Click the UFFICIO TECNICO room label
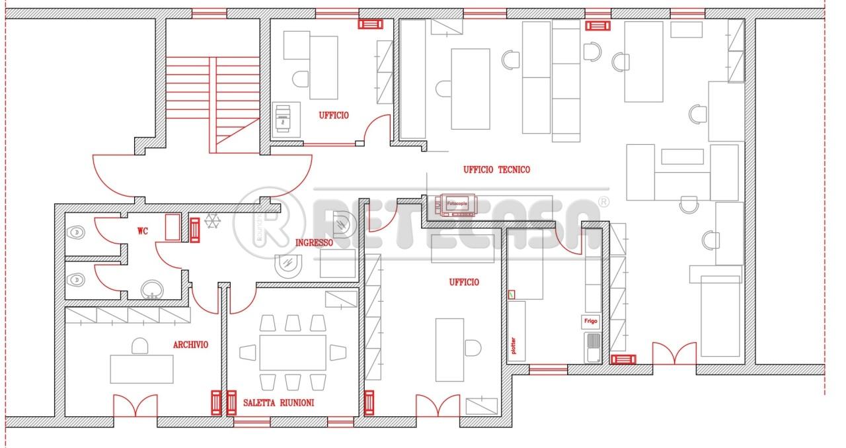(x=496, y=170)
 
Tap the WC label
(x=142, y=230)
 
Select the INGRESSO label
(x=314, y=243)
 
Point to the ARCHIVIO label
(x=190, y=344)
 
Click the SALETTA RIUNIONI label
(x=278, y=402)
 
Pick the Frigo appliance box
(x=591, y=322)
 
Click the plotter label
(x=513, y=345)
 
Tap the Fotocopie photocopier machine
(x=456, y=205)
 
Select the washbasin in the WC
(x=153, y=290)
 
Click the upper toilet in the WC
(x=76, y=232)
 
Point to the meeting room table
(x=293, y=352)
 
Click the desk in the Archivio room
(x=141, y=369)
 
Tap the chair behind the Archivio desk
(x=139, y=346)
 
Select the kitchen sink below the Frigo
(x=593, y=347)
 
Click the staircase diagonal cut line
(x=238, y=132)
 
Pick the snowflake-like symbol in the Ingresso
(x=213, y=221)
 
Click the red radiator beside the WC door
(x=194, y=230)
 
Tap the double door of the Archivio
(x=135, y=405)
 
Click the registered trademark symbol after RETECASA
(x=603, y=202)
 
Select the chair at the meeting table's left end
(x=247, y=352)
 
